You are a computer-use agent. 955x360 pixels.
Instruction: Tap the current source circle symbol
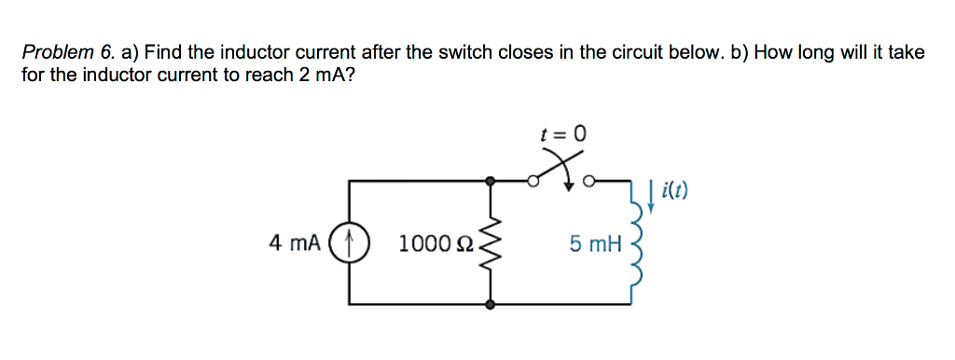point(351,243)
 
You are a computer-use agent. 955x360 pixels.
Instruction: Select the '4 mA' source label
point(294,243)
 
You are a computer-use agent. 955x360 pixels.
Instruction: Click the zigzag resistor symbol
point(491,243)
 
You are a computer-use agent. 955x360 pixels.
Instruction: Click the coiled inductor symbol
point(637,244)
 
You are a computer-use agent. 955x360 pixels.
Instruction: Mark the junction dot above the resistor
point(491,181)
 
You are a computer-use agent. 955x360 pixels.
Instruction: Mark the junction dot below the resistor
point(491,304)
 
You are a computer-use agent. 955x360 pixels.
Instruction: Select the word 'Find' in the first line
point(162,53)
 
